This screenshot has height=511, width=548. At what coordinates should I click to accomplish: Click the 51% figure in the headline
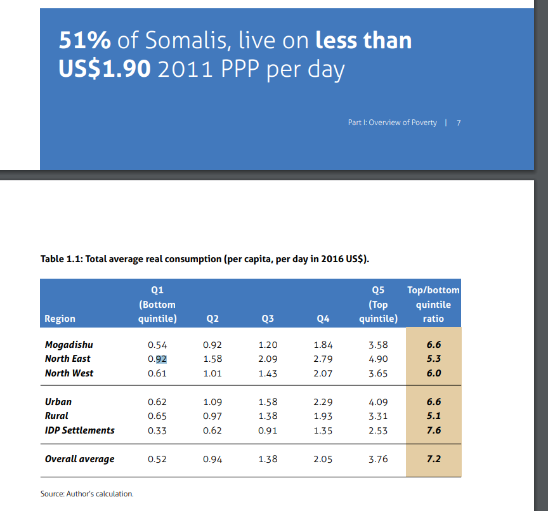click(x=85, y=41)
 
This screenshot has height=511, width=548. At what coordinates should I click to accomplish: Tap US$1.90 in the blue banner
click(x=105, y=68)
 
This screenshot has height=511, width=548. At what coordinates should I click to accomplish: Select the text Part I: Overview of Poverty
click(x=392, y=123)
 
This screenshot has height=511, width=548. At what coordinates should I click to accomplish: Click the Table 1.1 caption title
click(x=205, y=259)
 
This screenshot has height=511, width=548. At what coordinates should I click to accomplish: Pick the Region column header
click(x=60, y=319)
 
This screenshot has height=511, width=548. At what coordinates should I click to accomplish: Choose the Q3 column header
click(x=268, y=319)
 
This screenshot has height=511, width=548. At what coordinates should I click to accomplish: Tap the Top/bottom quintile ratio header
click(x=433, y=304)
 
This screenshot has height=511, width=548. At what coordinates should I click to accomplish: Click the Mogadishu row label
click(x=69, y=345)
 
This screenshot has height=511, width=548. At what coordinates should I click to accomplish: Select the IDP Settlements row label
click(x=80, y=430)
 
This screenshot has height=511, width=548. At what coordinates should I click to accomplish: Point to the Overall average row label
click(x=80, y=459)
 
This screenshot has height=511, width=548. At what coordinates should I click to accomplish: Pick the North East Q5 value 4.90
click(x=378, y=359)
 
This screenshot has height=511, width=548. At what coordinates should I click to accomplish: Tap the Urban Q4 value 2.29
click(x=323, y=402)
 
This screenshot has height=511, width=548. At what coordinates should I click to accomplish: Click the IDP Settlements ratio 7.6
click(x=434, y=430)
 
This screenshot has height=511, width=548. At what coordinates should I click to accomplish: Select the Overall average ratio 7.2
click(x=434, y=459)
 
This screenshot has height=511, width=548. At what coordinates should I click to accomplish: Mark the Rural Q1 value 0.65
click(x=157, y=416)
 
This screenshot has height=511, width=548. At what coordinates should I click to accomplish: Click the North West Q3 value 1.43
click(x=268, y=373)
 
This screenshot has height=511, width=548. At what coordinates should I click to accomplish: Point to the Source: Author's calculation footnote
click(x=87, y=494)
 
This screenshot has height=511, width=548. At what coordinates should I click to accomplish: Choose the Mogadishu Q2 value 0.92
click(x=212, y=345)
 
